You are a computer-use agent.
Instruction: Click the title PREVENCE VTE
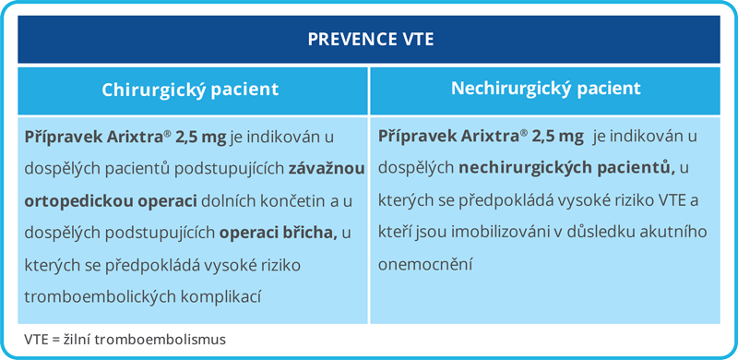[369, 40]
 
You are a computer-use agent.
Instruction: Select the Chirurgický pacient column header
[190, 90]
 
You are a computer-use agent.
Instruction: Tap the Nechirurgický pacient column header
[545, 89]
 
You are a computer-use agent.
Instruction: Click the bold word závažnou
[327, 168]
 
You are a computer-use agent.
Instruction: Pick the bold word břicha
[310, 232]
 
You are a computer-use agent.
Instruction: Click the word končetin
[271, 199]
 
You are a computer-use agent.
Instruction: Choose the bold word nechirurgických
[518, 168]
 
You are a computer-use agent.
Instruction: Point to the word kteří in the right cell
[395, 232]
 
